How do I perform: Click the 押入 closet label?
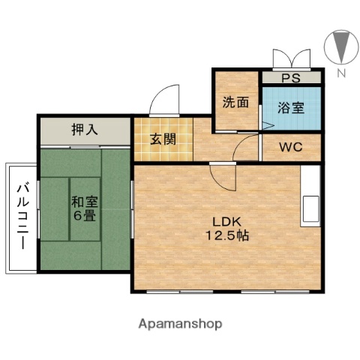(x=85, y=129)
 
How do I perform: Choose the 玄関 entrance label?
(x=163, y=138)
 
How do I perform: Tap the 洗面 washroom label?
(x=235, y=103)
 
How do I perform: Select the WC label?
(x=290, y=147)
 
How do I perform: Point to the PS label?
(x=290, y=76)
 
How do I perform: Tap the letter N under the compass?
(x=340, y=73)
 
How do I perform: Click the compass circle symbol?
(x=340, y=46)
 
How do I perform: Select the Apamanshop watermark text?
(x=180, y=324)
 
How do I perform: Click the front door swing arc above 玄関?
(x=165, y=100)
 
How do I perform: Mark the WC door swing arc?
(x=247, y=148)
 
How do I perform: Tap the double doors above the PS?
(x=291, y=58)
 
